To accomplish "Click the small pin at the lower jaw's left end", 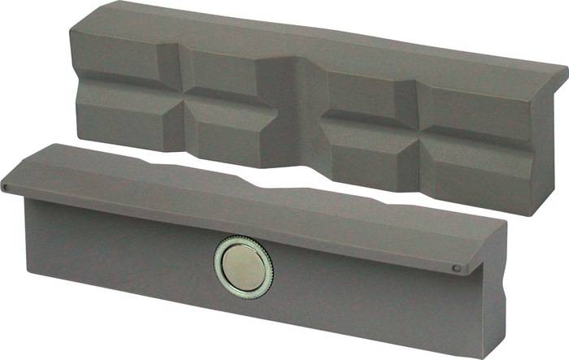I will click(6, 189).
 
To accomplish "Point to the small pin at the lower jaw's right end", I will click(456, 269).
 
